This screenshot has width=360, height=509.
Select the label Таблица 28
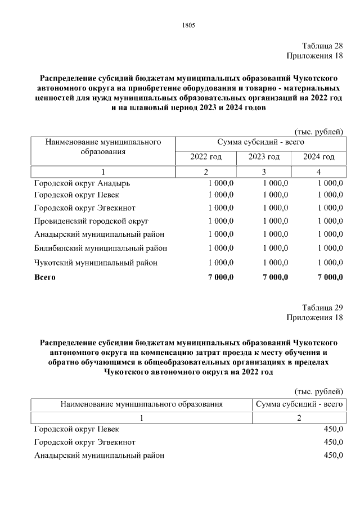point(322,46)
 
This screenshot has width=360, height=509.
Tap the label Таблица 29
point(322,307)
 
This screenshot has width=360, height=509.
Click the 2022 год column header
point(206,157)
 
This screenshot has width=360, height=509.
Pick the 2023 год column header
point(264,157)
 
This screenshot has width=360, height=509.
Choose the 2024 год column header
point(318,157)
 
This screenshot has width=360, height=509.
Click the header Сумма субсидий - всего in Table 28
point(260,143)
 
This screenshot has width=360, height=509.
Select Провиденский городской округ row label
point(90,221)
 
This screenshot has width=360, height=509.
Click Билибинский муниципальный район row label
point(100,248)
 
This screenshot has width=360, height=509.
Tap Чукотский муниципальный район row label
point(96,263)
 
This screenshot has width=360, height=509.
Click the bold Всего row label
point(45,277)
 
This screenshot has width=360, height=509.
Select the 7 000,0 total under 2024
point(330,277)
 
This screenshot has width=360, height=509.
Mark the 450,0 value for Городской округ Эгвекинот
point(333,442)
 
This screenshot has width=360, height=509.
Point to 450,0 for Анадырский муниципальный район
point(333,456)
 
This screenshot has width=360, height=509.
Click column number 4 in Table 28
point(318,172)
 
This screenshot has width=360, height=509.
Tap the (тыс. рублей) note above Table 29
point(318,391)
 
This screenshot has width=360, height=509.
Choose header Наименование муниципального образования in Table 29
point(142,404)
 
